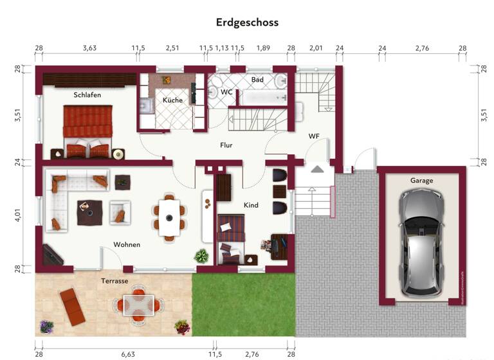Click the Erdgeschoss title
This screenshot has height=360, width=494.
point(248,22)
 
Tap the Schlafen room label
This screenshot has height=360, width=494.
point(87,94)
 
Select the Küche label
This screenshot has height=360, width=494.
point(172,100)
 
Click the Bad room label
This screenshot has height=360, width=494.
point(257,80)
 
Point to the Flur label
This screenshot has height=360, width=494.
point(226,145)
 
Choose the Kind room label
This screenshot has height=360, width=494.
point(251,205)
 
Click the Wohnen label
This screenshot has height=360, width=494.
point(127,245)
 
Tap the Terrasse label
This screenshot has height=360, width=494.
point(114,281)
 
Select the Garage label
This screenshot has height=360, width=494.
point(422,181)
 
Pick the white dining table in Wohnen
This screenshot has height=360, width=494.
point(170,216)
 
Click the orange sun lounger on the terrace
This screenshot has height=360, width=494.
point(71,306)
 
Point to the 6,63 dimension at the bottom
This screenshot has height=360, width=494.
point(127,354)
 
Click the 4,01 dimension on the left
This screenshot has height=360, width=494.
point(18,213)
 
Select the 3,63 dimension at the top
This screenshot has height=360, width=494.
point(89,48)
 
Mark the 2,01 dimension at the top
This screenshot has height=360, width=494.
point(316,48)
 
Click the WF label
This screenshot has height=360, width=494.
point(314,136)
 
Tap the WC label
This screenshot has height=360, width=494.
point(226,92)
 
